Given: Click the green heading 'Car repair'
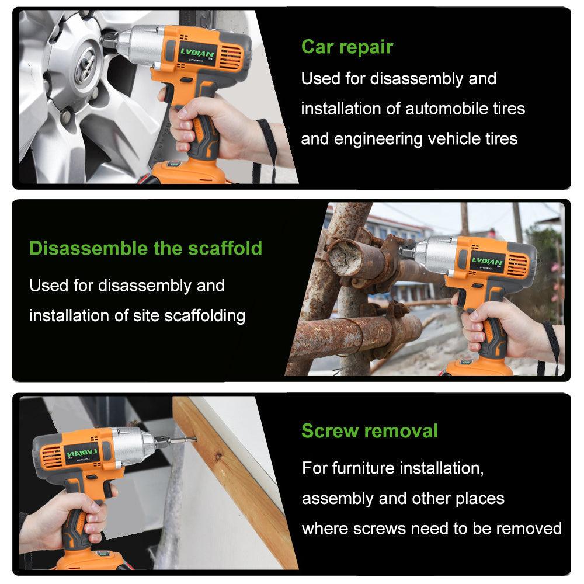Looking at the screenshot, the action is [x=347, y=47].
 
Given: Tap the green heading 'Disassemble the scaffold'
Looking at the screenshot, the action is [x=145, y=248].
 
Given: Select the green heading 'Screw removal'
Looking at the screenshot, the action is [x=370, y=431].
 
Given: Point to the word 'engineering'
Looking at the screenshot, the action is [x=378, y=140].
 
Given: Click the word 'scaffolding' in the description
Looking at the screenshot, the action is [x=205, y=316].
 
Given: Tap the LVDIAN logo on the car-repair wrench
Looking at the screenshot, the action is [x=197, y=53].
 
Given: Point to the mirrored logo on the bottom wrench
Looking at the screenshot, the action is [x=82, y=453].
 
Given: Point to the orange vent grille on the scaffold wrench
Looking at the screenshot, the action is [x=518, y=265].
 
